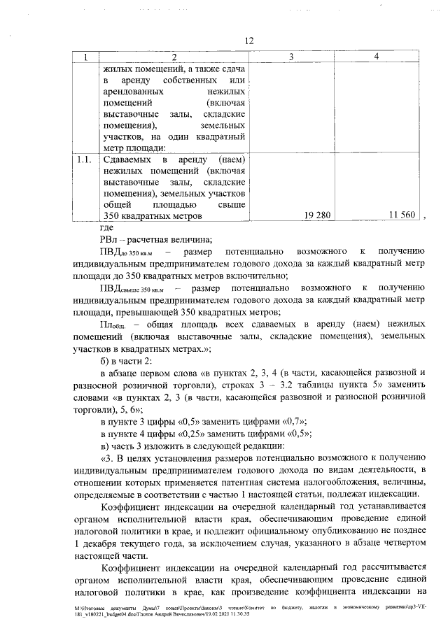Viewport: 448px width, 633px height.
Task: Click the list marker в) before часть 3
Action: click(x=107, y=446)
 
